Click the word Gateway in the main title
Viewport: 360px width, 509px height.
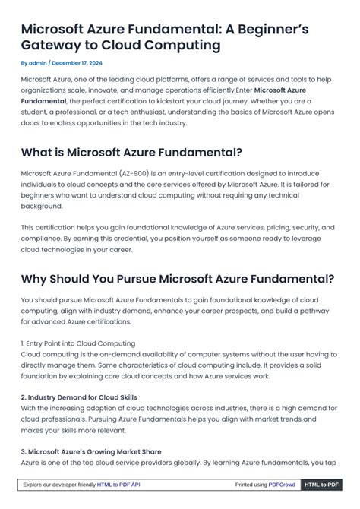49,45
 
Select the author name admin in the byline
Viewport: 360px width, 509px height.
37,63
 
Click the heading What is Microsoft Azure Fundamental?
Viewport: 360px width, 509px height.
131,153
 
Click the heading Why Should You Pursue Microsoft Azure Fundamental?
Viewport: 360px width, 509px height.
178,277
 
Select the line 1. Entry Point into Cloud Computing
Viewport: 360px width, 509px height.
78,343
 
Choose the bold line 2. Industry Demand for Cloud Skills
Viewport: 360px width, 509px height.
79,397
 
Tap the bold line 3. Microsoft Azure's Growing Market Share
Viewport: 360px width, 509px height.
91,451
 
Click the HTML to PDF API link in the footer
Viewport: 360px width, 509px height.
118,485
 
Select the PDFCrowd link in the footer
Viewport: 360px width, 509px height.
282,485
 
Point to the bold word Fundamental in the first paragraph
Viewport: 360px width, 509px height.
43,100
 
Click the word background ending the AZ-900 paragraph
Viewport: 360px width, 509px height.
42,206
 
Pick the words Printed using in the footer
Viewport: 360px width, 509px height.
251,485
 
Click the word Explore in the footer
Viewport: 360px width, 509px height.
35,485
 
